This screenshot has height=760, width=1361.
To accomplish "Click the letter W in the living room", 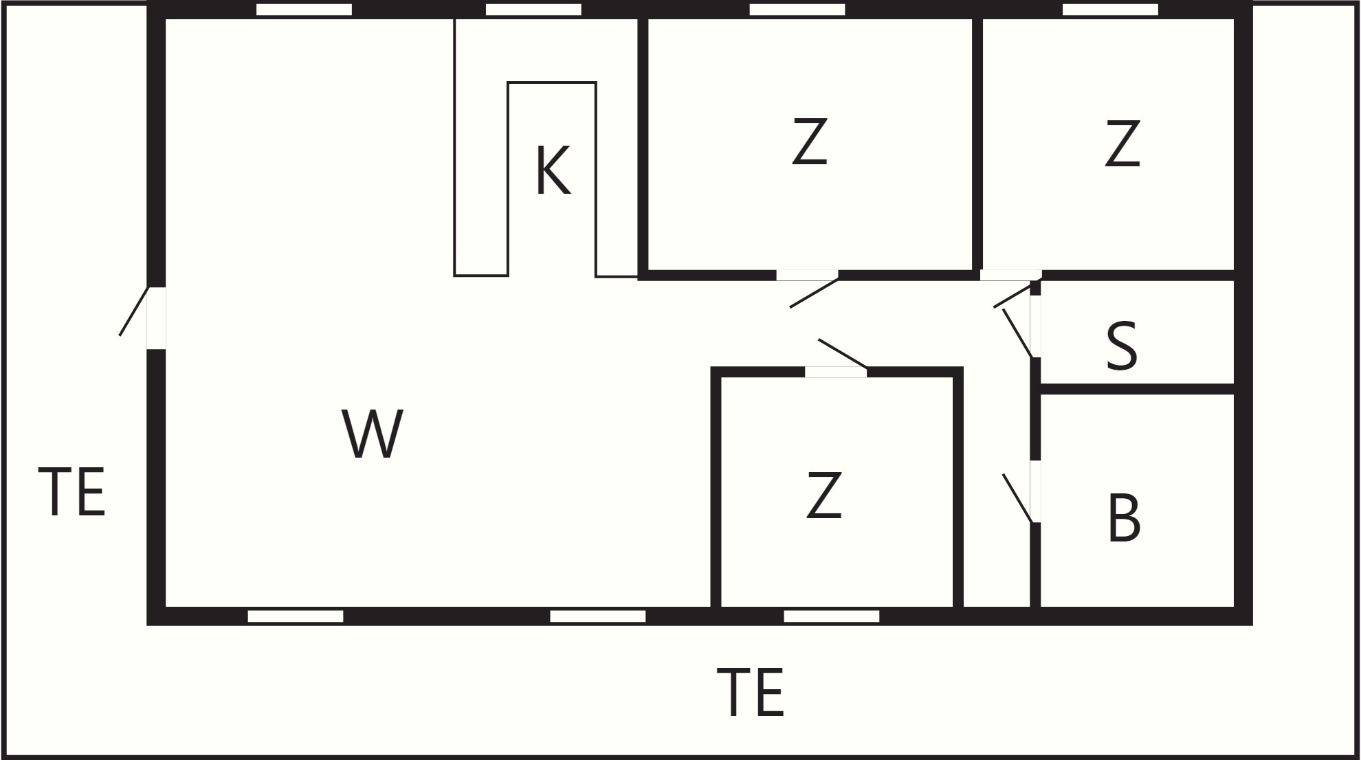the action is click(372, 434).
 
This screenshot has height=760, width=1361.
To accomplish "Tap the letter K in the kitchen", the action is click(553, 170).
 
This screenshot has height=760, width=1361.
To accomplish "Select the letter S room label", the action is click(1122, 346).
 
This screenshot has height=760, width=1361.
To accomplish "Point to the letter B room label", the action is click(1124, 517).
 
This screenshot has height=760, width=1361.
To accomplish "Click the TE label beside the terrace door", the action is click(71, 492).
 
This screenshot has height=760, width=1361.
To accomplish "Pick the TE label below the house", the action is click(750, 692).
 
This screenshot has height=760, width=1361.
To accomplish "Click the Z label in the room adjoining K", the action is click(809, 142).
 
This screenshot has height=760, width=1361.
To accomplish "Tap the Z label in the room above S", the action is click(1122, 143).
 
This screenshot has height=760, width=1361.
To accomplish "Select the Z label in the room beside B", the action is click(823, 495).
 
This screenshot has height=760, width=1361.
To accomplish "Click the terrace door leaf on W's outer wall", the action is click(134, 311).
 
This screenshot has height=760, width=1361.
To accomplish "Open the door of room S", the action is click(1017, 333).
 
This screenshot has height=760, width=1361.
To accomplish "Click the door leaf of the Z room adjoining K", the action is click(814, 293).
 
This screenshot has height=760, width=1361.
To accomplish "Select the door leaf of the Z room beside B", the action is click(843, 354).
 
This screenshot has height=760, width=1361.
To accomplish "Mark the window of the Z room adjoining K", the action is click(797, 10).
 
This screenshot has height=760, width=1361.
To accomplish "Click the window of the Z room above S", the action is click(1110, 10).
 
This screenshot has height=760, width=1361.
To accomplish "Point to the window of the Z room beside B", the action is click(832, 616).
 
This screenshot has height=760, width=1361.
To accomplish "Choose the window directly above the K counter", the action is click(533, 10).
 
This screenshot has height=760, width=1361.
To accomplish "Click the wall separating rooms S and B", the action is click(1138, 389).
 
